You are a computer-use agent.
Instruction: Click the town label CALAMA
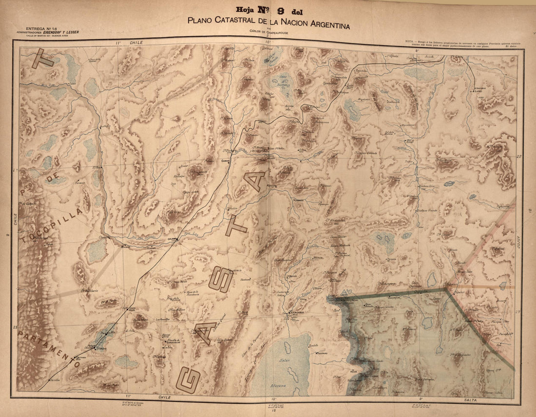[x=172, y=239]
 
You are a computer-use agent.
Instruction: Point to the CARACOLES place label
[x=174, y=342]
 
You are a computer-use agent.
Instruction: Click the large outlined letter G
[x=187, y=380]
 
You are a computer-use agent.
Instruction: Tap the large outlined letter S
[x=221, y=280]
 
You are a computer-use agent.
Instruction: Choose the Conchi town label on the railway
[x=226, y=161]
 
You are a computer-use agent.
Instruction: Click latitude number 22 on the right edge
[x=519, y=156]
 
